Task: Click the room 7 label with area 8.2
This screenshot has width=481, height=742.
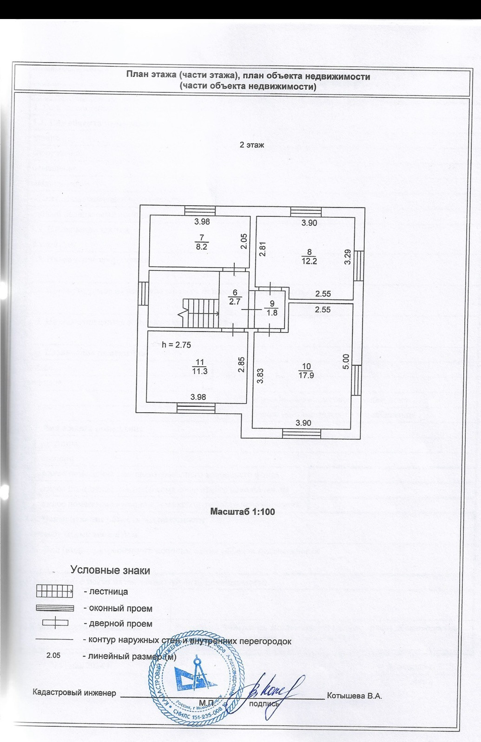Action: [201, 243]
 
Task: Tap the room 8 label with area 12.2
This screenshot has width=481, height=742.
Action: [309, 257]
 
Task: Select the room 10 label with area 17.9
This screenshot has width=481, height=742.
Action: [306, 371]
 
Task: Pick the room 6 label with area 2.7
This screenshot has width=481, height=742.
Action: [235, 297]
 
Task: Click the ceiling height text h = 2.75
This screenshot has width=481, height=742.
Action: [176, 345]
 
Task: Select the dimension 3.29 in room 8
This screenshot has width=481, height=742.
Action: [347, 257]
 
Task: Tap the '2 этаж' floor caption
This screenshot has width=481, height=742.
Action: [251, 145]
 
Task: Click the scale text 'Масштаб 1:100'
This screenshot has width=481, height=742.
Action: [243, 512]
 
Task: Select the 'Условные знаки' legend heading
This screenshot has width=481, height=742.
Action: [110, 570]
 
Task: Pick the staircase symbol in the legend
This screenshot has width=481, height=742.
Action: [54, 592]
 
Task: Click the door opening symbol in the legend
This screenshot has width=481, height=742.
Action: [55, 623]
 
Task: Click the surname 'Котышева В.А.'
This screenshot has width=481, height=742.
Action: [354, 696]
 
